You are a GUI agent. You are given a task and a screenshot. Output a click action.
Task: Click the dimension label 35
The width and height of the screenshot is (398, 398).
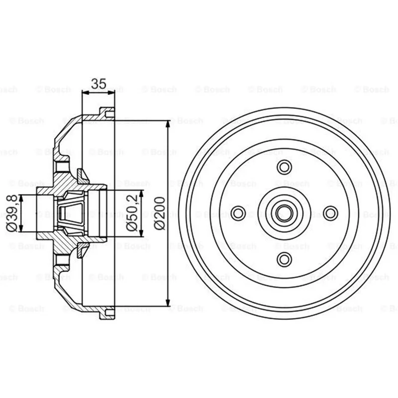point(99,84)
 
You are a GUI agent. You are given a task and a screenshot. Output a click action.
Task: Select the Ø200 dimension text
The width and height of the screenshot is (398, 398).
point(160,213)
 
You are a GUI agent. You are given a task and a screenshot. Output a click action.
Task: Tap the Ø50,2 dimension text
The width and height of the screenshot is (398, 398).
point(132,213)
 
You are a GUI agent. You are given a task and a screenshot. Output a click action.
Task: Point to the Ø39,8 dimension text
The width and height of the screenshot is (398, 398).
point(12,213)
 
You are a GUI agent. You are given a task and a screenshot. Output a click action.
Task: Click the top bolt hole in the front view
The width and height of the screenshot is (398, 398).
point(284,167)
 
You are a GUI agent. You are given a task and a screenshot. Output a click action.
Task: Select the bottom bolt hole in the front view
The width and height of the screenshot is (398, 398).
point(284,259)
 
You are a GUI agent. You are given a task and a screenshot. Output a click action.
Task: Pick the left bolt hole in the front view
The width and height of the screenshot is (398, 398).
point(238,213)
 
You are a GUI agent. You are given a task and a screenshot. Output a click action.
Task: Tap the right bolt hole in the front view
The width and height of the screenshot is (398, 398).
point(330,213)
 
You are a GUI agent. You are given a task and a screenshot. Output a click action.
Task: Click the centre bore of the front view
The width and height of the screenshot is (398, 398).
point(284,213)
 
